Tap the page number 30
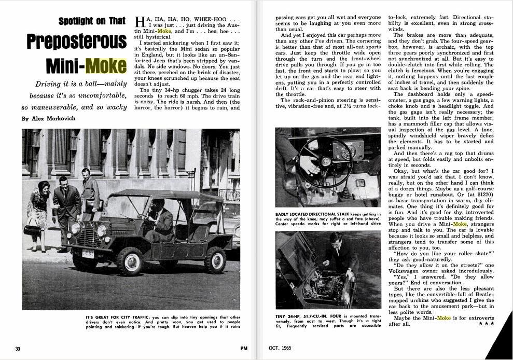[17, 349]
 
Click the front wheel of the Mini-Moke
[129, 260]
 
